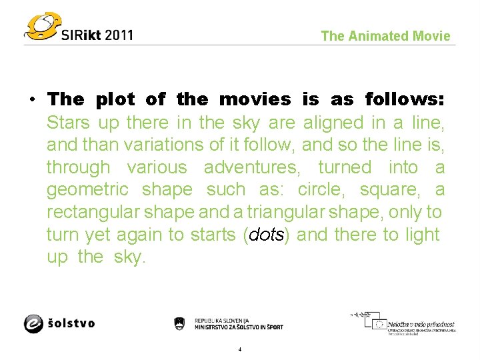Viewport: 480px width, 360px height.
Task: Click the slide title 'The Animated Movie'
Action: (x=385, y=36)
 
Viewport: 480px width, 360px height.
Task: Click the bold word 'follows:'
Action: (x=405, y=100)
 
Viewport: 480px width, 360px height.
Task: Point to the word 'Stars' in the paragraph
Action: (x=69, y=123)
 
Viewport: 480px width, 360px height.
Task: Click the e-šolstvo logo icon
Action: (x=34, y=323)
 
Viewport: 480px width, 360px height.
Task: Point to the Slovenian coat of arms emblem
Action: (x=179, y=324)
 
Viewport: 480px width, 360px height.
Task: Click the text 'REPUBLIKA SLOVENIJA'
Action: (x=221, y=320)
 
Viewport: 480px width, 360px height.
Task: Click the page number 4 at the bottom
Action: (x=239, y=349)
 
